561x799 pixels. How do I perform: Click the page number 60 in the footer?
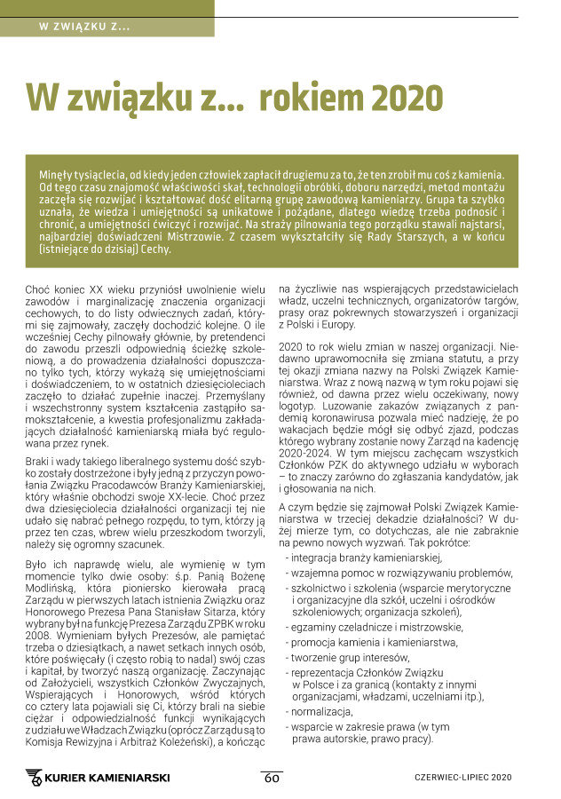pyautogui.click(x=272, y=778)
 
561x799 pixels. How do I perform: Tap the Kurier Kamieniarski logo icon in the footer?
pyautogui.click(x=35, y=779)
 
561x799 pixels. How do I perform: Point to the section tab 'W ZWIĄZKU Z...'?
pyautogui.click(x=85, y=25)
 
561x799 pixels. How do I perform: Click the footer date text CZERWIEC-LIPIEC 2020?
pyautogui.click(x=463, y=778)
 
